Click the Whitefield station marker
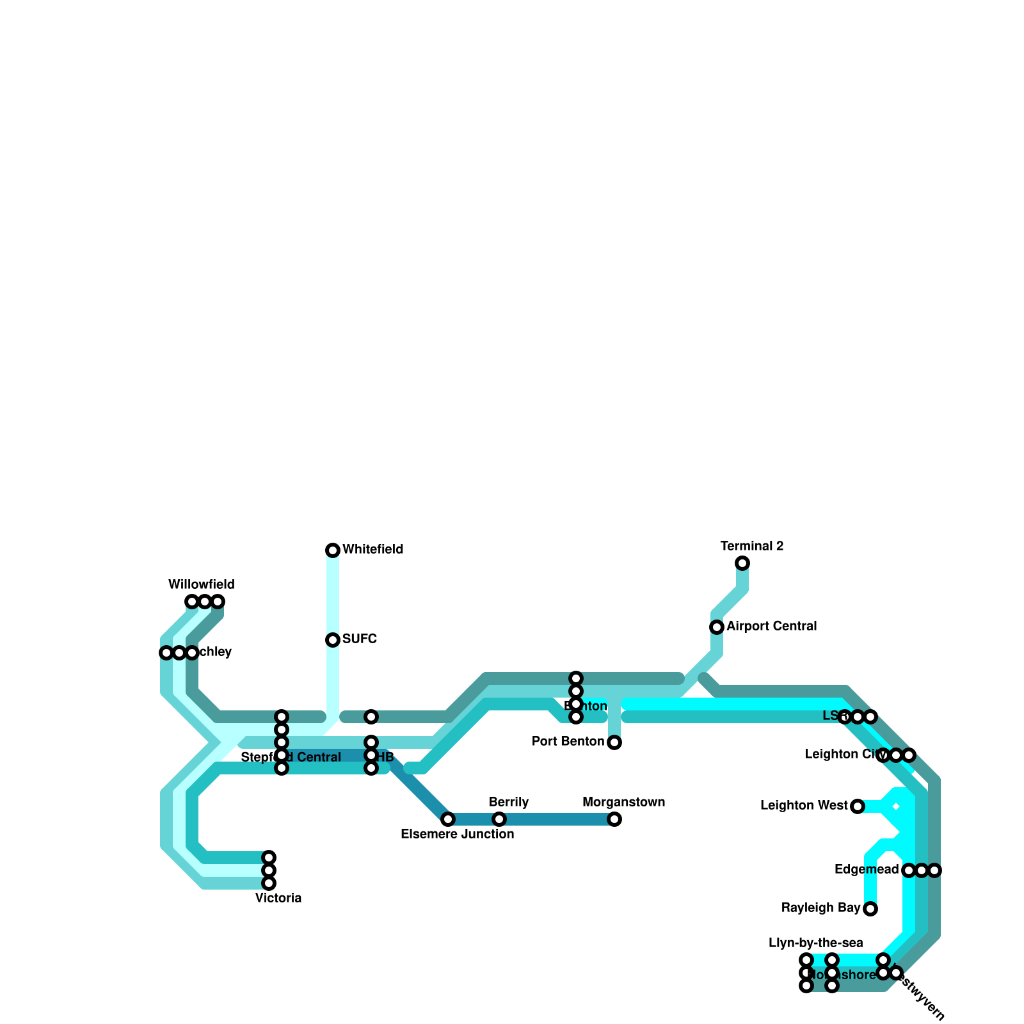click(333, 550)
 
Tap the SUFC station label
click(360, 639)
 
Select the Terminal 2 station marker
click(742, 563)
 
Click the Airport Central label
click(771, 626)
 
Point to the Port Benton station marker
click(614, 742)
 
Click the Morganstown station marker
click(614, 819)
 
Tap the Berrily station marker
click(499, 819)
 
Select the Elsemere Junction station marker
click(448, 819)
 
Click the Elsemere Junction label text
click(457, 834)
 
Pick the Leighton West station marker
click(858, 806)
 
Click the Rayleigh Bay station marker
click(870, 909)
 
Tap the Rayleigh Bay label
click(820, 908)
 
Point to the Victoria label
click(278, 898)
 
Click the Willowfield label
click(202, 584)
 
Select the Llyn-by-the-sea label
click(815, 943)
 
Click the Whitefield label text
click(372, 549)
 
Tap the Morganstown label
click(623, 802)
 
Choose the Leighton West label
click(804, 805)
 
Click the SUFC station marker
click(333, 640)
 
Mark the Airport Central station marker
click(717, 627)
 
